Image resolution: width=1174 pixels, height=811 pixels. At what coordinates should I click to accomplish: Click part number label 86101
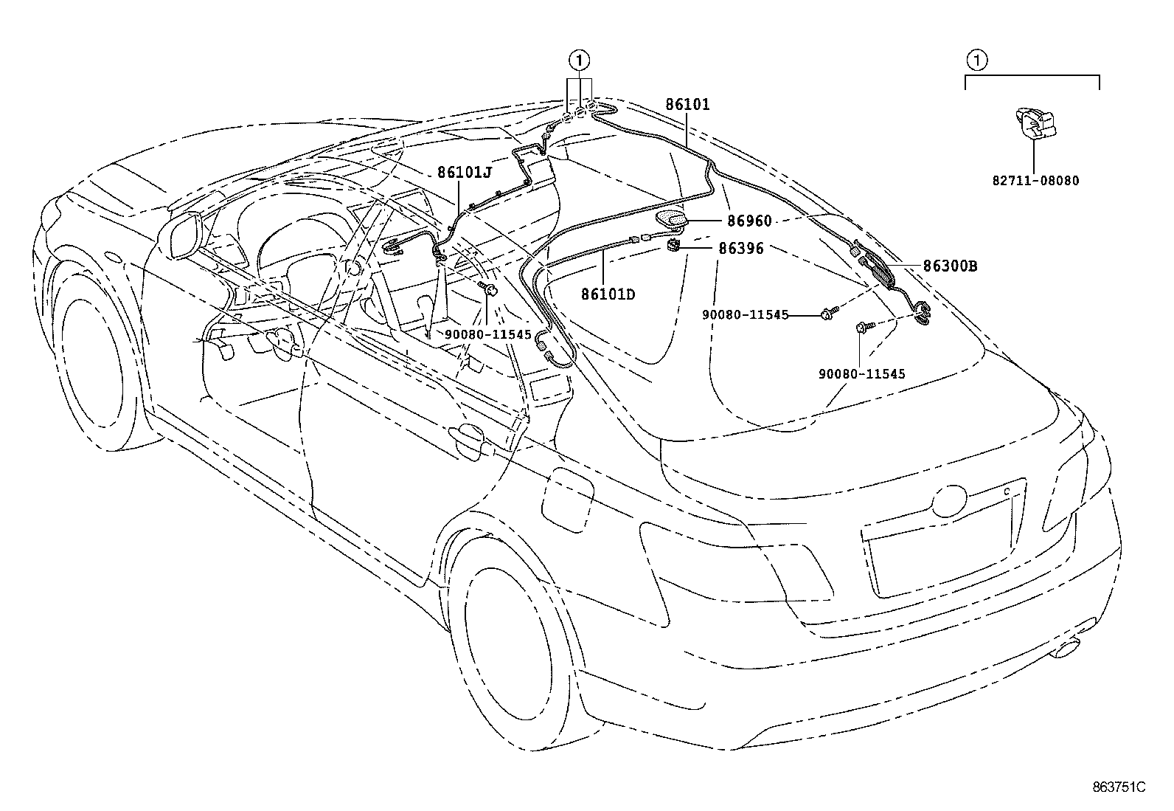tap(687, 105)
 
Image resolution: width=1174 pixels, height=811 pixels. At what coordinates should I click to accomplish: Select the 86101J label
tap(464, 172)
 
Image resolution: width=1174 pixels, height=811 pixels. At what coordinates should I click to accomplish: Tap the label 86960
tap(749, 221)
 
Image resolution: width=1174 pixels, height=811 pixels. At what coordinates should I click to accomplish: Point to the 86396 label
tap(741, 249)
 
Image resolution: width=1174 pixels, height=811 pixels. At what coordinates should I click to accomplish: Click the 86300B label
tap(950, 266)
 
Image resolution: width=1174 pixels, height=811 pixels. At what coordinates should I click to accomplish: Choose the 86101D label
tap(608, 294)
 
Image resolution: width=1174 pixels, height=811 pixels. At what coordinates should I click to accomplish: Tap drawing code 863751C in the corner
tap(1119, 787)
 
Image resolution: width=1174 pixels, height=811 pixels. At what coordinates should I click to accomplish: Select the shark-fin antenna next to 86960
tap(672, 219)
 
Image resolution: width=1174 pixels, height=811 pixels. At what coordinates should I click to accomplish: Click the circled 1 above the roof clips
tap(580, 58)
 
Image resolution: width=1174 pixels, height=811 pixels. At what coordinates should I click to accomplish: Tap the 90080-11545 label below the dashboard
tap(487, 334)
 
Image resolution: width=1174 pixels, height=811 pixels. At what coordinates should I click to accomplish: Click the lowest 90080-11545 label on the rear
tap(861, 374)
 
